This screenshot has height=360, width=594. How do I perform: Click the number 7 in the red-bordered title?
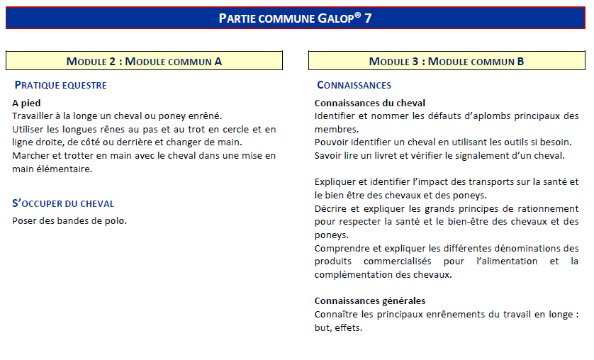click(x=368, y=18)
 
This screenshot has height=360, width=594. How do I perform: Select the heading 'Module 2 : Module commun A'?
click(x=144, y=61)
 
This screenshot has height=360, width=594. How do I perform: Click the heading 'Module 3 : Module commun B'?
click(x=447, y=61)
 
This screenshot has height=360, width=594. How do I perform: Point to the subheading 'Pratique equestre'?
click(x=60, y=86)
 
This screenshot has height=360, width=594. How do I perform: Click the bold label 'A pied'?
click(x=26, y=103)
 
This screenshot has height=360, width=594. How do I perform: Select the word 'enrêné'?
click(x=206, y=116)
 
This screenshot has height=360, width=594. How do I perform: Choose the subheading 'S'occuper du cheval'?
click(x=63, y=203)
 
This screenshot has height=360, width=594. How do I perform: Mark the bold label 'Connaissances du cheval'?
click(x=369, y=103)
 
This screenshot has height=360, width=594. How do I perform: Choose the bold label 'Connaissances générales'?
click(x=369, y=300)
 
